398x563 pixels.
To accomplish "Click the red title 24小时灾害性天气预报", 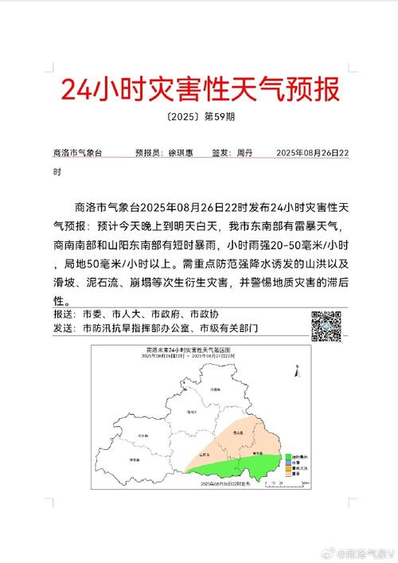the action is (200, 88).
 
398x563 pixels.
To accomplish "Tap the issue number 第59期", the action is (218, 116).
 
